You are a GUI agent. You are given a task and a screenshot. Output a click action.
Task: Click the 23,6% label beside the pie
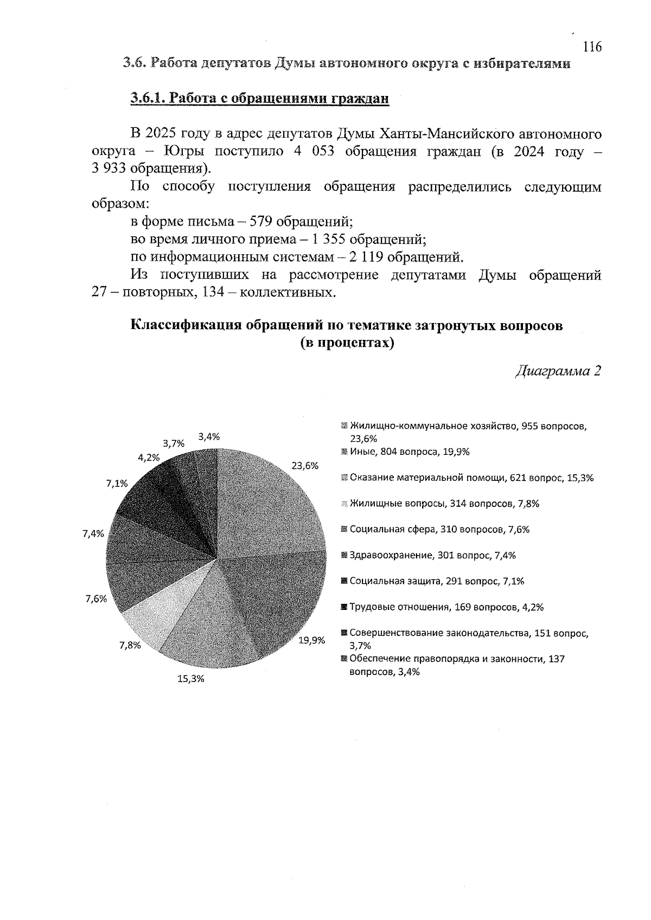pos(304,466)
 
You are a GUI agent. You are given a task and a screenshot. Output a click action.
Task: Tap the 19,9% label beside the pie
pos(312,640)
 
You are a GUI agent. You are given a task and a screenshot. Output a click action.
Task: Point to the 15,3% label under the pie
pos(191,679)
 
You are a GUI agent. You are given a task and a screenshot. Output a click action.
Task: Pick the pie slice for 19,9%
pos(277,596)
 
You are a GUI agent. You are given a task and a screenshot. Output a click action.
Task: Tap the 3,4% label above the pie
pos(209,437)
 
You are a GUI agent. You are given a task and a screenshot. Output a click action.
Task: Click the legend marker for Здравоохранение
pos(344,555)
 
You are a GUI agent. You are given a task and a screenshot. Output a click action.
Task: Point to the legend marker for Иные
pos(344,452)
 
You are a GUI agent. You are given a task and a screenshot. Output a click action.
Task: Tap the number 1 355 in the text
pos(328,239)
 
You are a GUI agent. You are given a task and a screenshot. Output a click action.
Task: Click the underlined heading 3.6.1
pos(260,98)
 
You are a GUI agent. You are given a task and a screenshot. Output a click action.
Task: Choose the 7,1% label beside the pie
pos(117,484)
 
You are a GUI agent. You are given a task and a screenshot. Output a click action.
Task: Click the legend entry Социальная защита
pos(437,581)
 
